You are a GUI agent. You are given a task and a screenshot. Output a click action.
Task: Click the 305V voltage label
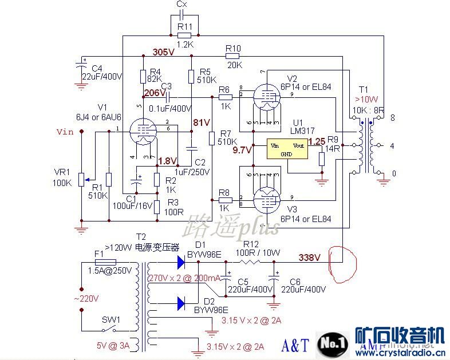(x=164, y=52)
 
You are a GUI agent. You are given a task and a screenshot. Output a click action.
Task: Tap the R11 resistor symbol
(x=184, y=35)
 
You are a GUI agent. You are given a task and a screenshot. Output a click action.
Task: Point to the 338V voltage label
(x=310, y=258)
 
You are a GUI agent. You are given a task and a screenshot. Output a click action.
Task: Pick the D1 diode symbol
(x=182, y=263)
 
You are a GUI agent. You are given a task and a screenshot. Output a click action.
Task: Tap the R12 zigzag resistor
(x=250, y=262)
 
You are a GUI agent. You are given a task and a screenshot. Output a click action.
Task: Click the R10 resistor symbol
(x=232, y=56)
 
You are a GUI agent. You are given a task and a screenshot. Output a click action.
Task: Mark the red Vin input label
(x=65, y=132)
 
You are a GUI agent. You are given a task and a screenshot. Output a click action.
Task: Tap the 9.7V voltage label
(x=242, y=151)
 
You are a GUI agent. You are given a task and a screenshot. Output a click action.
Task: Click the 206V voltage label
(x=154, y=92)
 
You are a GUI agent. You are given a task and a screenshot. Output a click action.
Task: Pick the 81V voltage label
(x=202, y=122)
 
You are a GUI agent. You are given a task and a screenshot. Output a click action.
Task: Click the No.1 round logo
(x=333, y=343)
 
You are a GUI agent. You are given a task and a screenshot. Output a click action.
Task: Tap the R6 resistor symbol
(x=225, y=98)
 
